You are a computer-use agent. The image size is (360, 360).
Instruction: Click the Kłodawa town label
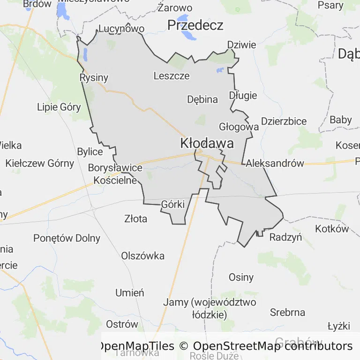click(x=207, y=144)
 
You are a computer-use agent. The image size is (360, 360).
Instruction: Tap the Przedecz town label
click(x=195, y=25)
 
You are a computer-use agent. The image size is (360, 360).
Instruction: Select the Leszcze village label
click(x=172, y=75)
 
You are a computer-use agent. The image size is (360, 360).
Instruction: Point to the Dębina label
click(x=202, y=99)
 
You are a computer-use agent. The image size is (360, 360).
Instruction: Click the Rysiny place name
click(x=94, y=78)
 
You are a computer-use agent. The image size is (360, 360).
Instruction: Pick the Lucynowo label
click(x=121, y=29)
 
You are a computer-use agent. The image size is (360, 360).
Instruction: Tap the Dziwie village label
click(x=241, y=45)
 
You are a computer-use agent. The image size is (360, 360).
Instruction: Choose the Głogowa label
click(x=239, y=127)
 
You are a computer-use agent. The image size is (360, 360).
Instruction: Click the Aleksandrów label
click(x=275, y=163)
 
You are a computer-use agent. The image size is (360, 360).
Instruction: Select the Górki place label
click(x=173, y=204)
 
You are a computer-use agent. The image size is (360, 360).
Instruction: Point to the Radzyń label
click(x=285, y=237)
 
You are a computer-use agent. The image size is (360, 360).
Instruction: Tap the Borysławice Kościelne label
click(x=115, y=174)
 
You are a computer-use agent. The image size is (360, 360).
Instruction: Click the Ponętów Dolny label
click(x=67, y=238)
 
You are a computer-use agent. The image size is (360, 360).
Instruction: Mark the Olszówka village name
click(x=143, y=255)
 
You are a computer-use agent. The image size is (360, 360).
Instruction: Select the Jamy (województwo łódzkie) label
click(x=210, y=308)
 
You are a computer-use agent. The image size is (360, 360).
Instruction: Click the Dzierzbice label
click(x=284, y=121)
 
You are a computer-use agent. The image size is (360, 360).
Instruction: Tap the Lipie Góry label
click(x=59, y=107)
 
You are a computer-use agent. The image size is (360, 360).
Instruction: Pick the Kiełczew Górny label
click(x=40, y=163)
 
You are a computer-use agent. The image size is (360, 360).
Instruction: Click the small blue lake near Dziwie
click(x=220, y=70)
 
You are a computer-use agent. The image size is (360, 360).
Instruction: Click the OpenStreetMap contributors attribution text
click(x=273, y=346)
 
